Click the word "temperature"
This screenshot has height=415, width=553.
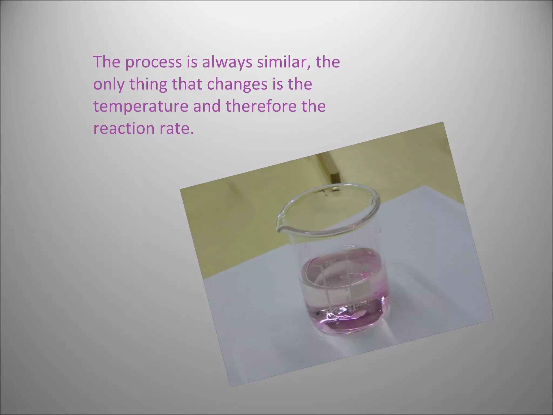[x=140, y=106]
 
